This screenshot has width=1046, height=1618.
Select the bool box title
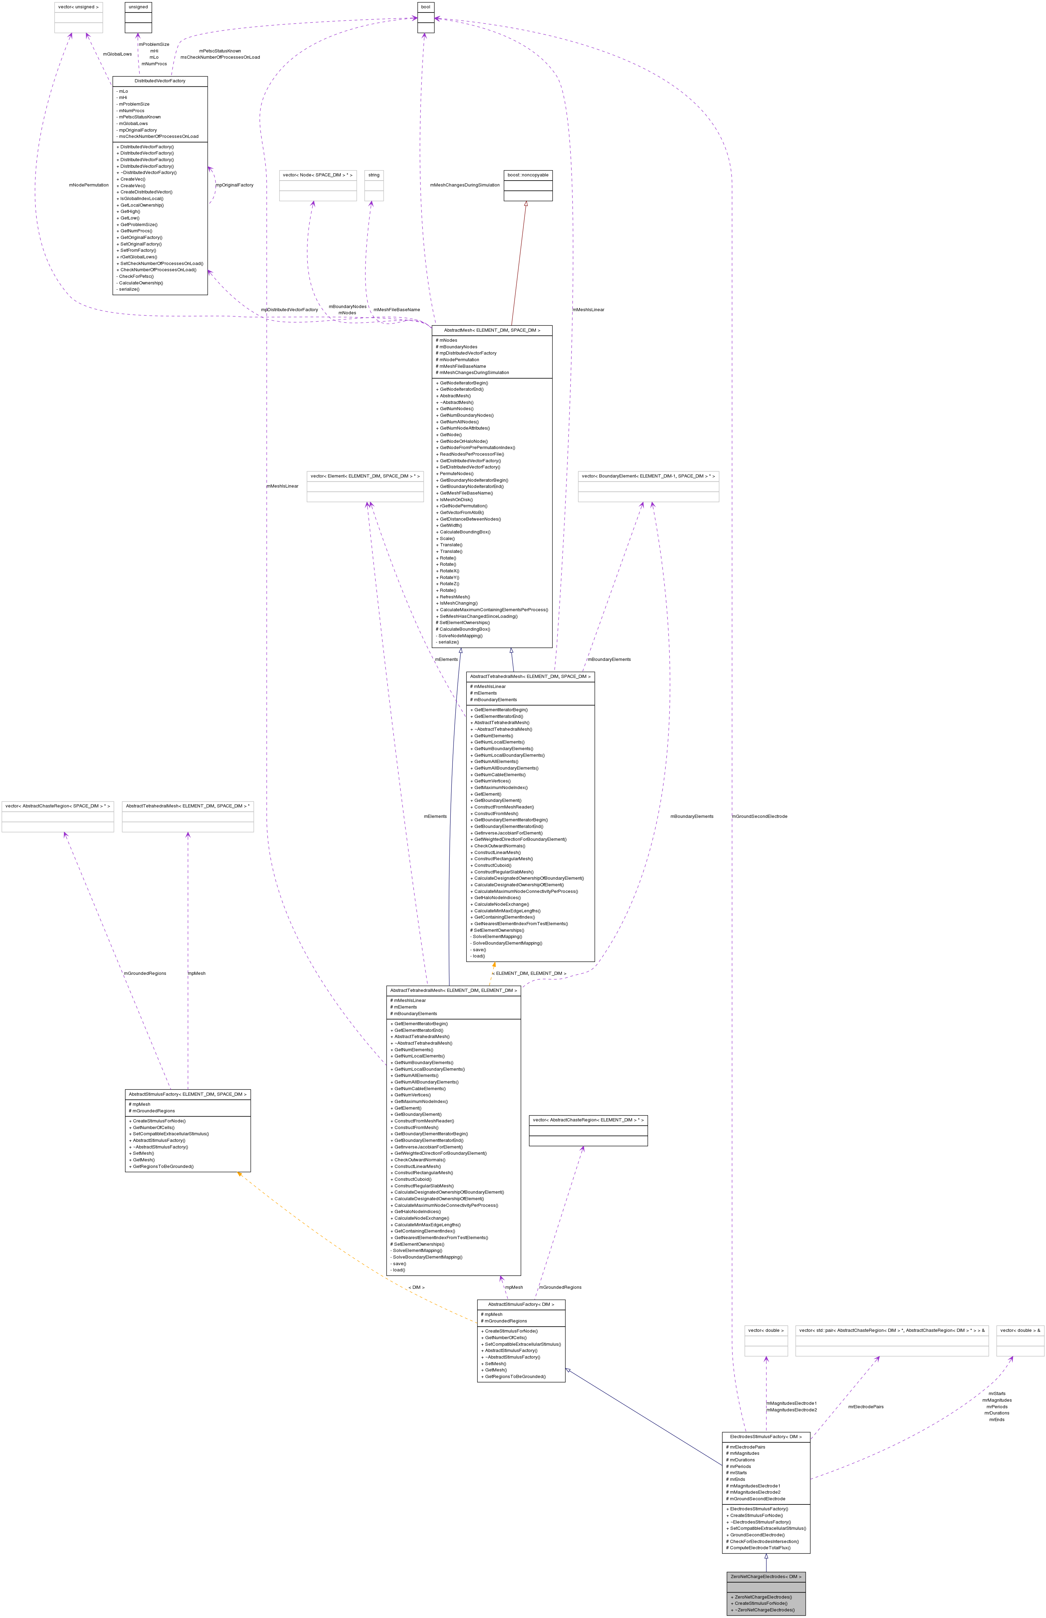click(425, 7)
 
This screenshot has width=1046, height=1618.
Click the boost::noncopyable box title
click(528, 175)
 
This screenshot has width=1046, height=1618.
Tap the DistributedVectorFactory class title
click(160, 81)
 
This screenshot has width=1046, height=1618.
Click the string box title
click(374, 175)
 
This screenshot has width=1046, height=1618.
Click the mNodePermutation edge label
click(88, 185)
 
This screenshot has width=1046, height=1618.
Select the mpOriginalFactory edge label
click(234, 185)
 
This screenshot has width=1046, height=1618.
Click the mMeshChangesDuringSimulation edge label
click(465, 185)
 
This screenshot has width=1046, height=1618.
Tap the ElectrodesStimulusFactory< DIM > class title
click(765, 1437)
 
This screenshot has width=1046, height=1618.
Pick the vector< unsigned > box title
click(78, 7)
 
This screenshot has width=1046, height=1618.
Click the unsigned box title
click(138, 7)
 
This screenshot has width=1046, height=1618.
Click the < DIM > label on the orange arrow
click(416, 1287)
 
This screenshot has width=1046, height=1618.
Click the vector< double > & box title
click(1020, 1330)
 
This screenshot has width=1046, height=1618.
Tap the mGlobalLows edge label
click(117, 54)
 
